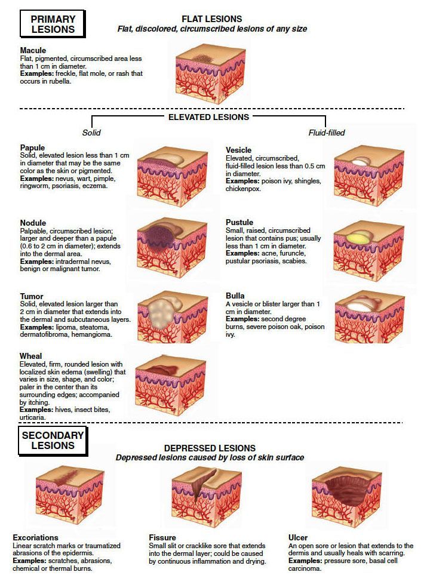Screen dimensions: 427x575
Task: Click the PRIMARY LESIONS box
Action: pyautogui.click(x=52, y=24)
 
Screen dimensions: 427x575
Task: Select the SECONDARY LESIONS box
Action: pyautogui.click(x=53, y=441)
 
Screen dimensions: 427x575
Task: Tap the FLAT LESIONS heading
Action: pyautogui.click(x=211, y=19)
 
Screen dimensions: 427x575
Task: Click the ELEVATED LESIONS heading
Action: pyautogui.click(x=208, y=117)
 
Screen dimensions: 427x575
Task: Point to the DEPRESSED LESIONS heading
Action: pyautogui.click(x=210, y=448)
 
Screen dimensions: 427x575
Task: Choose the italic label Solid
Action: pyautogui.click(x=91, y=133)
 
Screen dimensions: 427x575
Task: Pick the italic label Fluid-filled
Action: pyautogui.click(x=327, y=133)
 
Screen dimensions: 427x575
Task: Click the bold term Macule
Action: pyautogui.click(x=33, y=50)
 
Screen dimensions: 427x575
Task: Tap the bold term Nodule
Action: pyautogui.click(x=33, y=223)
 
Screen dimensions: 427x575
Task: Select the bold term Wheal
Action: pyautogui.click(x=30, y=356)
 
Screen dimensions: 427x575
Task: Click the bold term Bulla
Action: pyautogui.click(x=235, y=296)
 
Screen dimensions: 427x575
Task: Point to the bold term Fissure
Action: pyautogui.click(x=162, y=537)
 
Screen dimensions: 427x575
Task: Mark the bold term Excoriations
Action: pyautogui.click(x=35, y=537)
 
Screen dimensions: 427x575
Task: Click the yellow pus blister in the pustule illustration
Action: pyautogui.click(x=358, y=238)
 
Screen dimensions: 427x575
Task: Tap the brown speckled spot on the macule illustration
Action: pyautogui.click(x=201, y=59)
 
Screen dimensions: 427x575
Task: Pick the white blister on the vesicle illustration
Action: pyautogui.click(x=360, y=162)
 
